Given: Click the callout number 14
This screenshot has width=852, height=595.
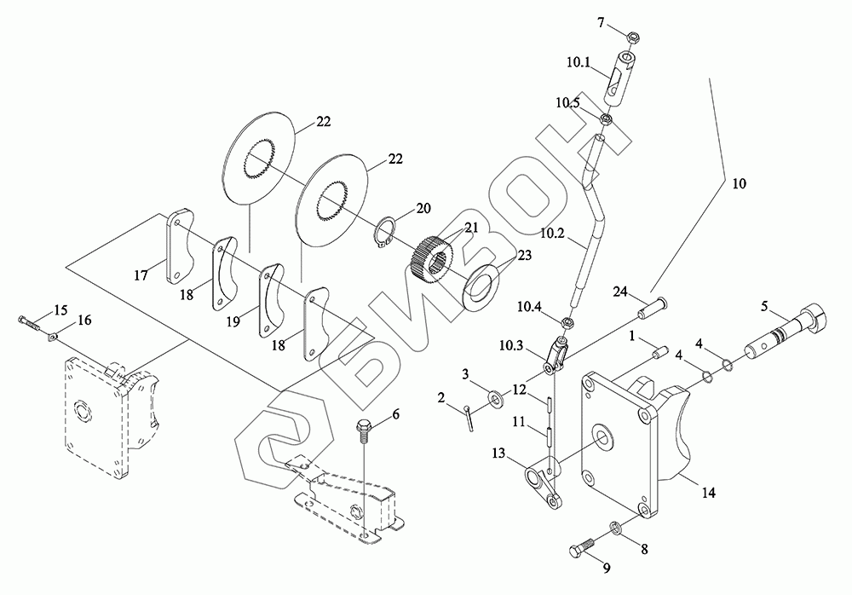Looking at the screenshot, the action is click(708, 493).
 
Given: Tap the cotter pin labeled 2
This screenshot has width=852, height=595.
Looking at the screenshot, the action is click(469, 418).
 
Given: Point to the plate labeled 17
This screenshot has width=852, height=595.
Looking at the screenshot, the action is click(179, 247).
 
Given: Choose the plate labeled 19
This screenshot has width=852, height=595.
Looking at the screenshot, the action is click(269, 300).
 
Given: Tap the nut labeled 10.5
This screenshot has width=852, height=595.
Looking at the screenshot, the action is click(607, 118).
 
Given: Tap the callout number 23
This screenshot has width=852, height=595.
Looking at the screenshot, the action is click(525, 255).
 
